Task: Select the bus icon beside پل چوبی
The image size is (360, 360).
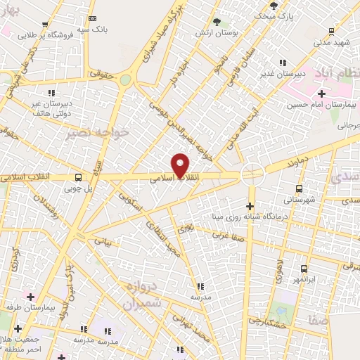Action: (77, 176)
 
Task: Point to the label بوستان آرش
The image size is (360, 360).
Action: (226, 32)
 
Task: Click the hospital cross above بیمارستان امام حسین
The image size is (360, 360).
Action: (321, 94)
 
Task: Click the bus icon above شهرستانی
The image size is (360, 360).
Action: (300, 188)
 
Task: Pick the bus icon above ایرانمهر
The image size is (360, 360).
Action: (304, 269)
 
